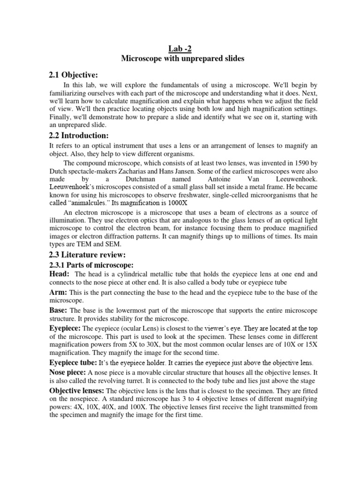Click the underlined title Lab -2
point(180,48)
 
